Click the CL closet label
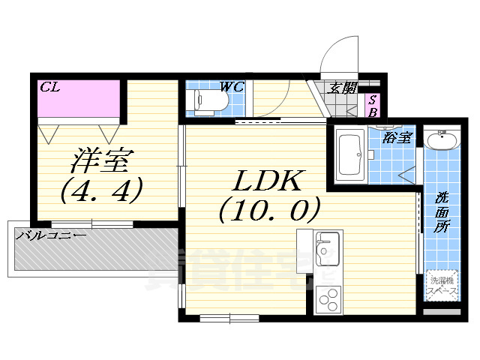[x=50, y=88]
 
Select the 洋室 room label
[x=103, y=161]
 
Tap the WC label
[x=232, y=87]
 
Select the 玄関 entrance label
[x=343, y=88]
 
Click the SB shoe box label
[x=371, y=106]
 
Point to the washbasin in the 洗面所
[x=441, y=141]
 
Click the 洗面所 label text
[x=442, y=212]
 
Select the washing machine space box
[x=442, y=286]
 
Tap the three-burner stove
[x=328, y=301]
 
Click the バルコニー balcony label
[x=51, y=235]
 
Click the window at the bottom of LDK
[x=229, y=318]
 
